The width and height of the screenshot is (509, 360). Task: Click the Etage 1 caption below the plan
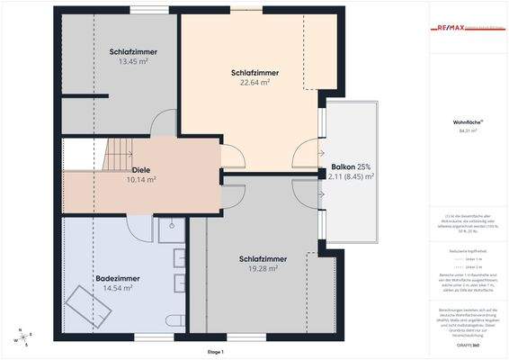[x=215, y=352]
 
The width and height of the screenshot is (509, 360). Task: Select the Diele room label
[x=141, y=167]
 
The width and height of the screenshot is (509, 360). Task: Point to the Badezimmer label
[x=117, y=277]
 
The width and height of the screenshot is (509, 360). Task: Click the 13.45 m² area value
[x=134, y=62]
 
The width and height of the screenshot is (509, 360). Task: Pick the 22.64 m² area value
[x=254, y=82]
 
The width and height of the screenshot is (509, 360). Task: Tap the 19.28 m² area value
[x=263, y=268]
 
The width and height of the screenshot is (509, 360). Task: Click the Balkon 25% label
[x=351, y=167]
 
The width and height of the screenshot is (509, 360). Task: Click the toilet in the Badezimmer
[x=176, y=319]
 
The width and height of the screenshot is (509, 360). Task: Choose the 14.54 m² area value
[x=118, y=288]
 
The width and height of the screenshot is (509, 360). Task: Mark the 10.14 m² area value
[x=141, y=179]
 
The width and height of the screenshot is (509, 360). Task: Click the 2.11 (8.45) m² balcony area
[x=352, y=177]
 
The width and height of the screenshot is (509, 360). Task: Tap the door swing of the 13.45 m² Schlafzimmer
[x=163, y=124]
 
